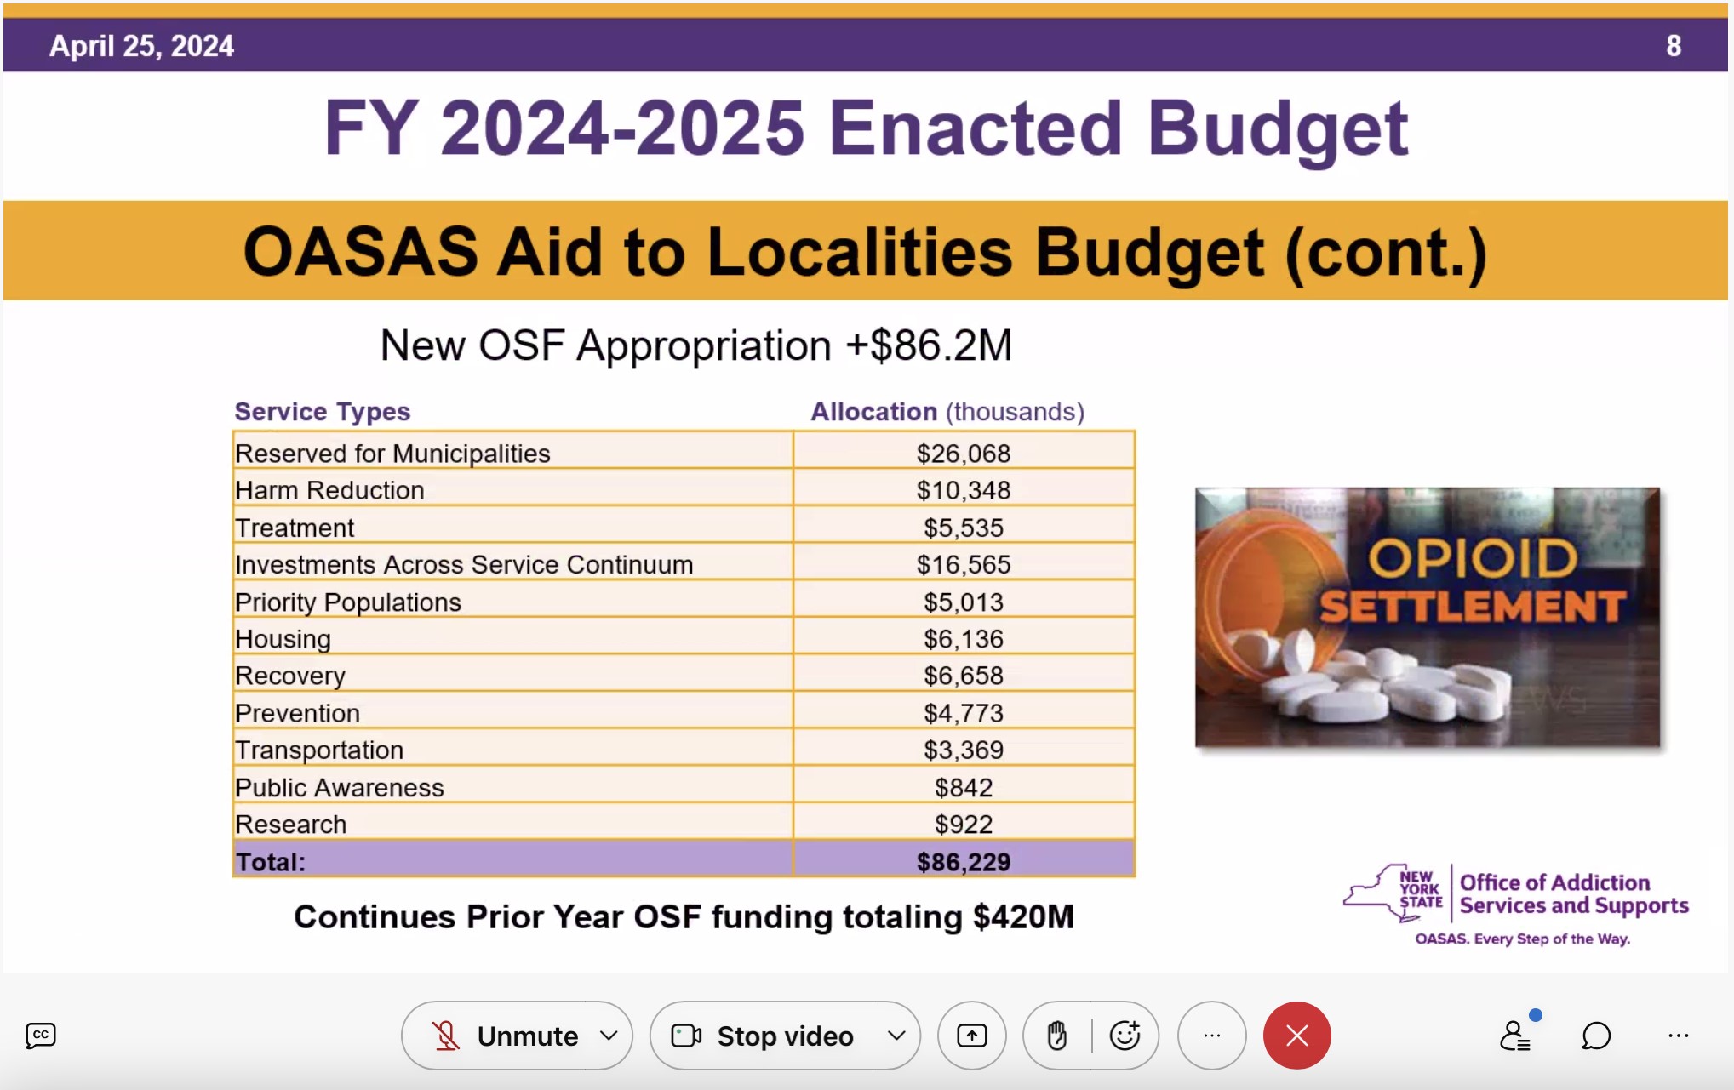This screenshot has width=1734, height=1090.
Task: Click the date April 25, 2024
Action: pos(141,46)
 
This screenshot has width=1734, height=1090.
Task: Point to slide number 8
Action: pos(1673,46)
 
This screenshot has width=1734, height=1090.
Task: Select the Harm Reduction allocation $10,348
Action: pos(964,490)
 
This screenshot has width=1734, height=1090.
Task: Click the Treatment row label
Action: pos(295,528)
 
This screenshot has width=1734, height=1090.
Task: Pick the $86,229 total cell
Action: pos(964,861)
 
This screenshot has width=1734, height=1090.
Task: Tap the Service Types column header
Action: pos(323,412)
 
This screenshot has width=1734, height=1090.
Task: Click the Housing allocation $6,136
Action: pos(964,639)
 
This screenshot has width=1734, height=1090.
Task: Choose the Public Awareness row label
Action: pos(340,787)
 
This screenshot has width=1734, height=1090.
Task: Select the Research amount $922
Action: pos(964,824)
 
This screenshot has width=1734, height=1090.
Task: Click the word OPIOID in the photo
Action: pos(1473,558)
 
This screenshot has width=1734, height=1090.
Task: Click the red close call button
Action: pos(1296,1036)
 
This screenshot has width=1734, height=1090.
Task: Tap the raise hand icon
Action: pos(1057,1036)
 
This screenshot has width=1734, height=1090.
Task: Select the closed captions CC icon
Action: pos(41,1036)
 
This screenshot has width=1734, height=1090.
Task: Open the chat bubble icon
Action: pos(1596,1036)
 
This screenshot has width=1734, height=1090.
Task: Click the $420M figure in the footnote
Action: pos(1023,917)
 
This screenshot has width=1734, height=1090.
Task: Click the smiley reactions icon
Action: pos(1125,1035)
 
